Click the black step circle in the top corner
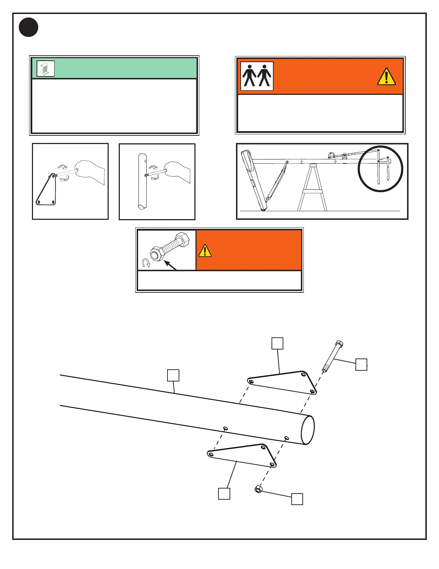(29, 27)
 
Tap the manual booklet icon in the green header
(46, 69)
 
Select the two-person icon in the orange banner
(257, 76)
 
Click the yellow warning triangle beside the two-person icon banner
(386, 77)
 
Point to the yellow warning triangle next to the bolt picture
(204, 251)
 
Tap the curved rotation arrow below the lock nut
(146, 263)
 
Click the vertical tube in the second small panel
(142, 181)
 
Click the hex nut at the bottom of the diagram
(258, 489)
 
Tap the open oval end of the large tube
(308, 430)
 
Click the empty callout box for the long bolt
(361, 364)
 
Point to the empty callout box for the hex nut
(297, 499)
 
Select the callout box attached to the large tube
(173, 375)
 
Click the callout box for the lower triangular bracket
(224, 494)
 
